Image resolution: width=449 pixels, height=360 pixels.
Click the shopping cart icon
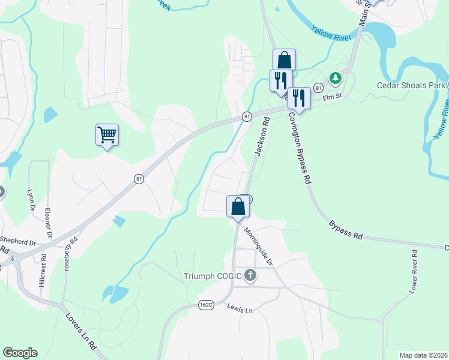pyautogui.click(x=107, y=135)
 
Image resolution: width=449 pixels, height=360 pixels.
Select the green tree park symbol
pyautogui.click(x=335, y=78)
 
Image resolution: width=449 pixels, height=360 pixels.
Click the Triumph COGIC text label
pyautogui.click(x=212, y=276)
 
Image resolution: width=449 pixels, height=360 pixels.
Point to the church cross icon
pyautogui.click(x=250, y=276)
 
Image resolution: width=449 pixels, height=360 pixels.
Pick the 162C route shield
pyautogui.click(x=206, y=305)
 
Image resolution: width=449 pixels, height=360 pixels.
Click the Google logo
pyautogui.click(x=20, y=353)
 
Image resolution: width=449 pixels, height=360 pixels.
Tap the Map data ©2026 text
pyautogui.click(x=423, y=355)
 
